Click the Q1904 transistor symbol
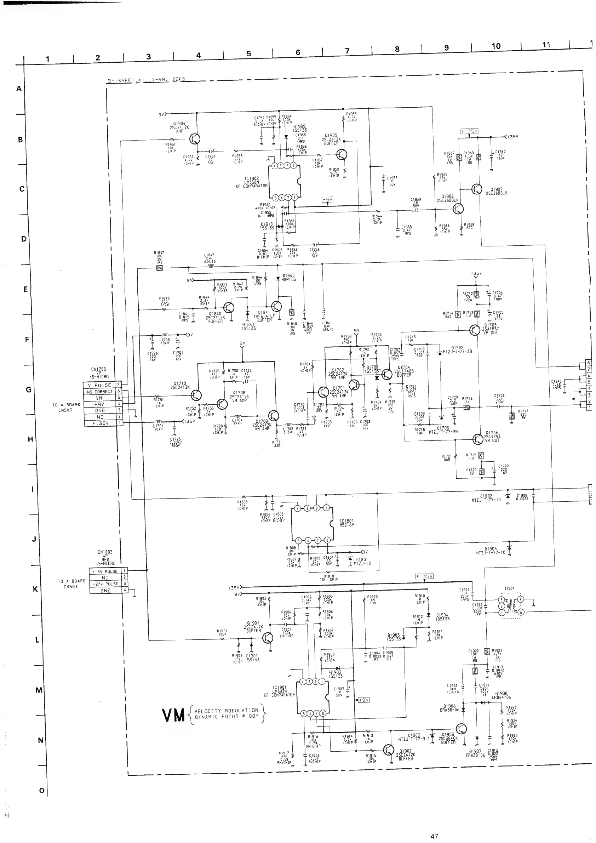[195, 139]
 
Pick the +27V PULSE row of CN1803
[105, 584]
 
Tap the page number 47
[434, 836]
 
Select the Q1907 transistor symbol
[476, 189]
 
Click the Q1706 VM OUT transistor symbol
[478, 439]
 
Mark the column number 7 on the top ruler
[347, 51]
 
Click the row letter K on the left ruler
[35, 589]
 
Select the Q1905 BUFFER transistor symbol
[342, 154]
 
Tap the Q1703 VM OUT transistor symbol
[475, 330]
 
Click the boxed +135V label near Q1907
[469, 131]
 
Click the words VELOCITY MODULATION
[227, 711]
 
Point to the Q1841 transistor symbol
[276, 306]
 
